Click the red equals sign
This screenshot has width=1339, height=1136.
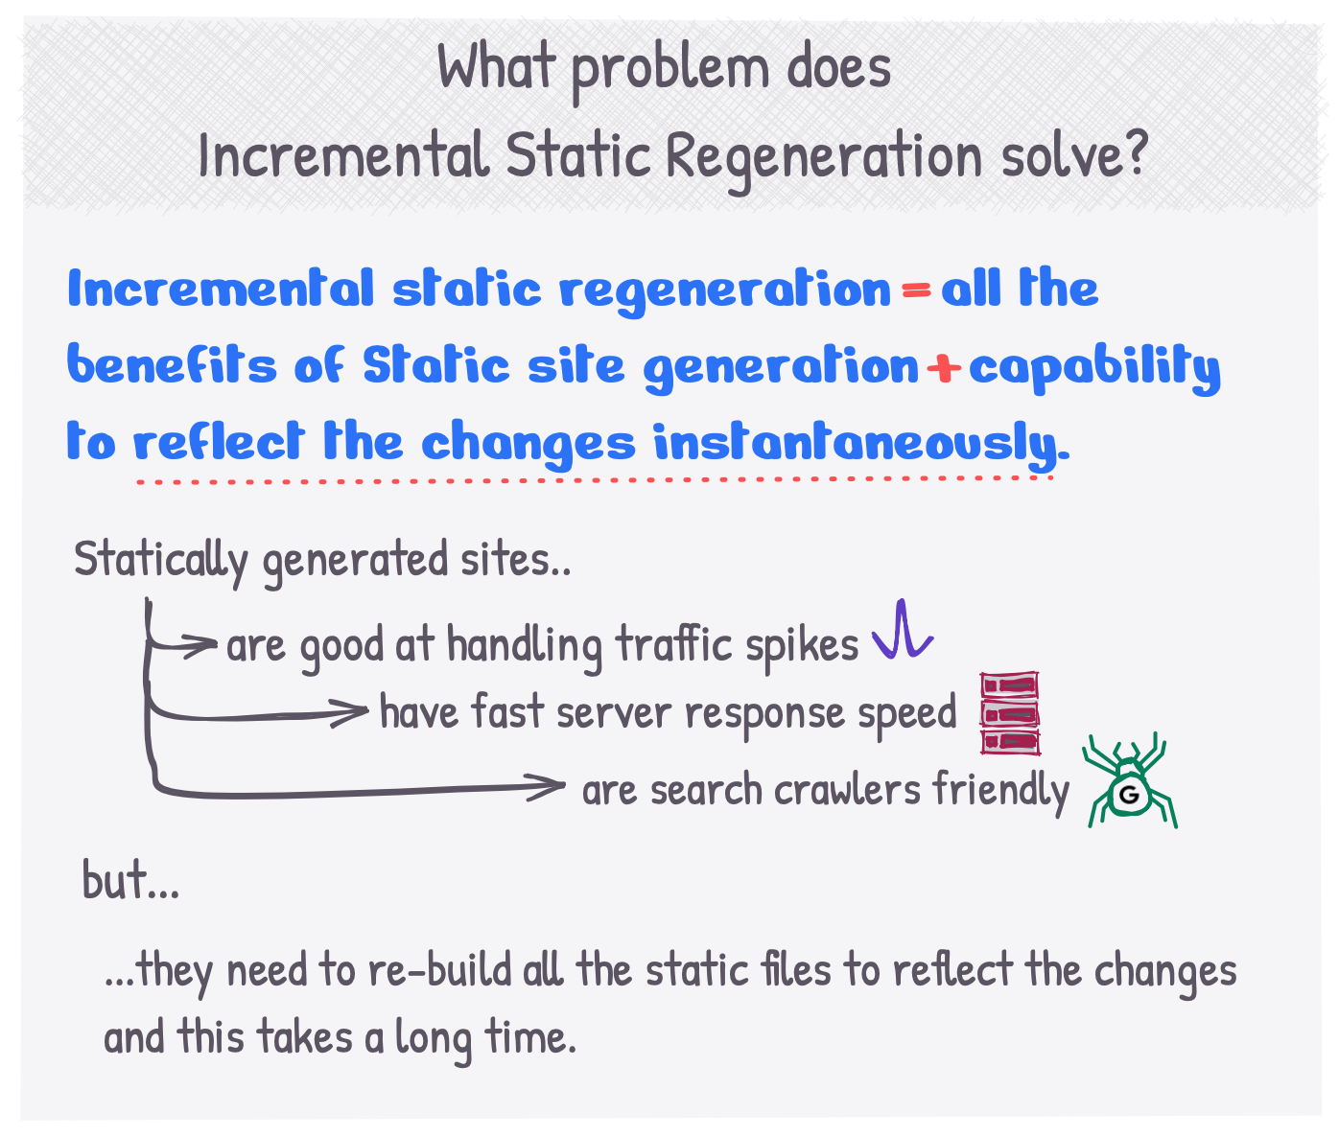[916, 291]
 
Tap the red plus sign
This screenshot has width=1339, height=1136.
[943, 368]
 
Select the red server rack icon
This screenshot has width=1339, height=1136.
[1010, 713]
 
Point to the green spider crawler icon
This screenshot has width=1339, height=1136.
[1130, 781]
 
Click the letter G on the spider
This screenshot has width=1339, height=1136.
[1129, 794]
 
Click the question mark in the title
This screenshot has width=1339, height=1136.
[1134, 152]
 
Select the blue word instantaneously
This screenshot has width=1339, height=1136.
[861, 446]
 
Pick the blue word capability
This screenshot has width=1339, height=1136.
[1094, 368]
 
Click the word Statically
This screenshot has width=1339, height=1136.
[160, 561]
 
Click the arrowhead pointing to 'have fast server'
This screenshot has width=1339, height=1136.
[351, 713]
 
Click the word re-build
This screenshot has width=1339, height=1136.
[440, 971]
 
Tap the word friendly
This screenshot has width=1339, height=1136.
[1000, 792]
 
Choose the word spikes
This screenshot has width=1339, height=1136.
[802, 647]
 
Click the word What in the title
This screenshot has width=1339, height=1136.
[497, 67]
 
